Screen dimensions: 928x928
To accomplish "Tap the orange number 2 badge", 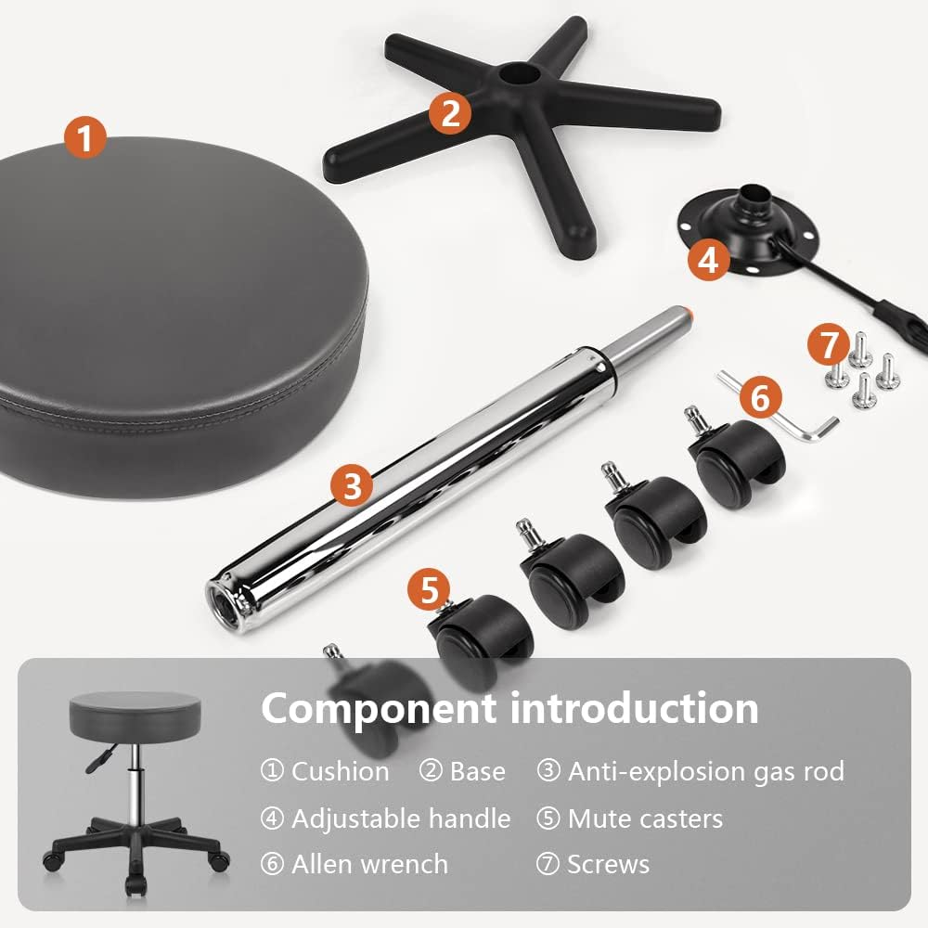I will (450, 113).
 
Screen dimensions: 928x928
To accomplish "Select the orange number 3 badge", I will (352, 485).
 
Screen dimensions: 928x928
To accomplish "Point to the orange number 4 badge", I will (709, 260).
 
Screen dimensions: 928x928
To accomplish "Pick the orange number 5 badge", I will (429, 591).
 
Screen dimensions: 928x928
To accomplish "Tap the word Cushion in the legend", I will (340, 771).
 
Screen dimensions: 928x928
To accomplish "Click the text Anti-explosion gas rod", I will (705, 771).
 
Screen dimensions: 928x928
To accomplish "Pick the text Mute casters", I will (645, 818).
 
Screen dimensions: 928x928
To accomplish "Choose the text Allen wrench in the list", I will (369, 864).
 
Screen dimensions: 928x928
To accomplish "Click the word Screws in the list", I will (608, 864).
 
